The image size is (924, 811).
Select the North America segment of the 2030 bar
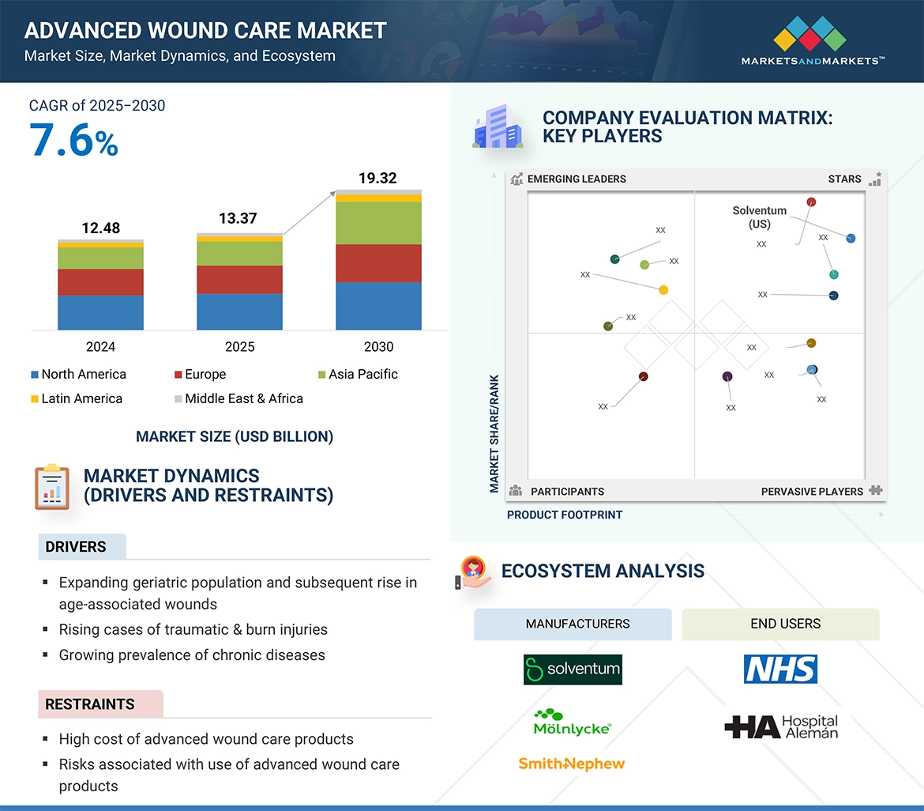(x=378, y=306)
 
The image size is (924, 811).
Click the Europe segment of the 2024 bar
(x=100, y=282)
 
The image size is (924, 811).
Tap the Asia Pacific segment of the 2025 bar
(x=239, y=253)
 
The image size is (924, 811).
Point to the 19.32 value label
(x=377, y=178)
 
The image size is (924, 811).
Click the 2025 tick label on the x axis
(x=239, y=347)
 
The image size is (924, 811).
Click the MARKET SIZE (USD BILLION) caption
(x=235, y=436)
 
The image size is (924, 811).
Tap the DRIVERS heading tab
(x=77, y=547)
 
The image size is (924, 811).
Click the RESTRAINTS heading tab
(x=91, y=703)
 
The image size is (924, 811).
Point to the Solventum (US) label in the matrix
(x=759, y=217)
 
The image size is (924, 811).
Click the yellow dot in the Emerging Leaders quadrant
(x=663, y=290)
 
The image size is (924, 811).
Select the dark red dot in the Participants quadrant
(x=644, y=376)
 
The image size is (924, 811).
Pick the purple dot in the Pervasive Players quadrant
(x=727, y=376)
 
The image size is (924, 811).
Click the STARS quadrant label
(x=844, y=179)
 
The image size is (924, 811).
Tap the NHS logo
(x=780, y=669)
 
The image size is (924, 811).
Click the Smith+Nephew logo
(x=571, y=764)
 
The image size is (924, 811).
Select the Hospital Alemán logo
(x=781, y=726)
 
